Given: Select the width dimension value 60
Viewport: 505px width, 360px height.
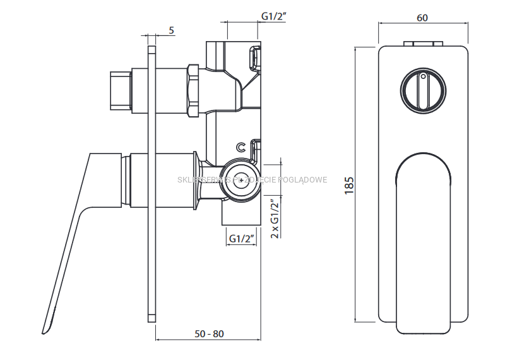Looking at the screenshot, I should click(422, 18).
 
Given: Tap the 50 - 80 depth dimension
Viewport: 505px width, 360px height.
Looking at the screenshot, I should click(209, 333).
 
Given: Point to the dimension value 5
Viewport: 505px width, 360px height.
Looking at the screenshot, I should click(172, 30).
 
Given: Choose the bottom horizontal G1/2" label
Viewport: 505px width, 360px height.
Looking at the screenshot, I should click(242, 239).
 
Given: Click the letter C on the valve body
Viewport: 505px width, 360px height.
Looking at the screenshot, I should click(241, 147).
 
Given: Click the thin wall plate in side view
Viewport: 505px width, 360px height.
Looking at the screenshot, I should click(151, 183).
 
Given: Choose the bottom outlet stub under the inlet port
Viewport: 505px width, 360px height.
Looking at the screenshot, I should click(240, 215).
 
